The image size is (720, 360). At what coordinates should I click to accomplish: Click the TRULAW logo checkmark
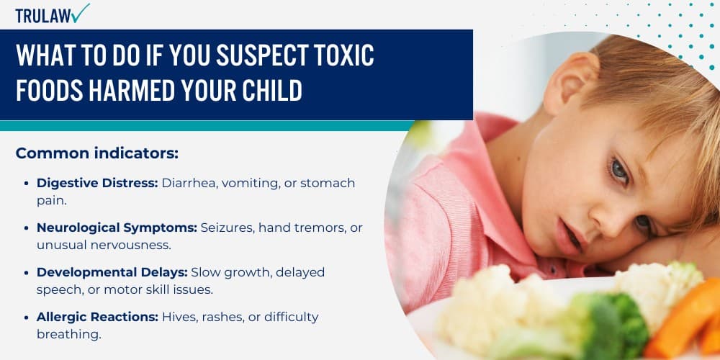[x=81, y=12]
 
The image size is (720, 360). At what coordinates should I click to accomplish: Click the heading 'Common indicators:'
[x=96, y=153]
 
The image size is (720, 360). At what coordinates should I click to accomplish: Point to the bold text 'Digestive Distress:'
[x=97, y=183]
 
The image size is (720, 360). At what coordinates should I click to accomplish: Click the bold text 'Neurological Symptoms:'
[x=117, y=228]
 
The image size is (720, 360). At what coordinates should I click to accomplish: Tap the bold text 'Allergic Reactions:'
[x=97, y=317]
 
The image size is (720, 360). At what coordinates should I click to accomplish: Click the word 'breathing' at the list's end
[x=68, y=334]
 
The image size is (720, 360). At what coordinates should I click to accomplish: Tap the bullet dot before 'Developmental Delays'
[x=27, y=272]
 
